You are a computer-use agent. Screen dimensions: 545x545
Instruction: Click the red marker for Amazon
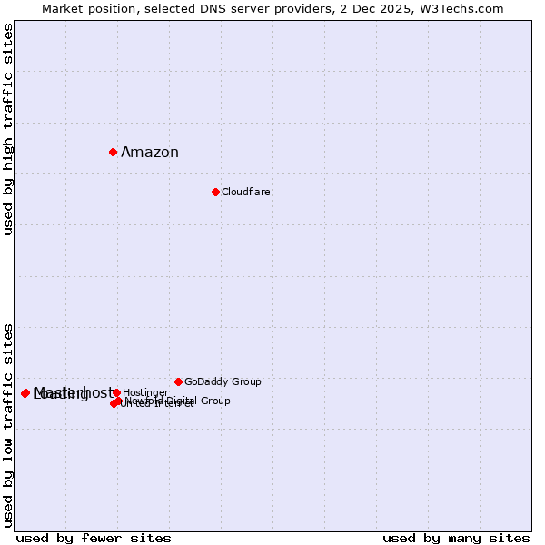click(113, 152)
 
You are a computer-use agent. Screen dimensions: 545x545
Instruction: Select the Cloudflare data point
click(215, 192)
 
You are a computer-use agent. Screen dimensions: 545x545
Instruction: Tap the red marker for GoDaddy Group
click(178, 381)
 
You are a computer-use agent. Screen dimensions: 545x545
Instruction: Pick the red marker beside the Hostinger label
click(117, 392)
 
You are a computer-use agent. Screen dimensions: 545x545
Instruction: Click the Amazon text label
click(150, 153)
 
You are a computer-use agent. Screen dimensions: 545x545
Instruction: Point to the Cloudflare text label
click(246, 193)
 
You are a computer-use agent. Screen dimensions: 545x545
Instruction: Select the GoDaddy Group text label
click(223, 382)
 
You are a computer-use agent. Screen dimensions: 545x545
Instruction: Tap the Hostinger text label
click(145, 393)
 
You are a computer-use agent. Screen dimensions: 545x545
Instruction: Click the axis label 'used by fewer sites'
click(94, 538)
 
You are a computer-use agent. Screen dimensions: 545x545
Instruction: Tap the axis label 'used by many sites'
click(456, 538)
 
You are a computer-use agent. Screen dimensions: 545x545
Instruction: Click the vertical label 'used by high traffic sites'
click(8, 129)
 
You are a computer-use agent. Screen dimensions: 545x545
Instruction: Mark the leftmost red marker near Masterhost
click(25, 393)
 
